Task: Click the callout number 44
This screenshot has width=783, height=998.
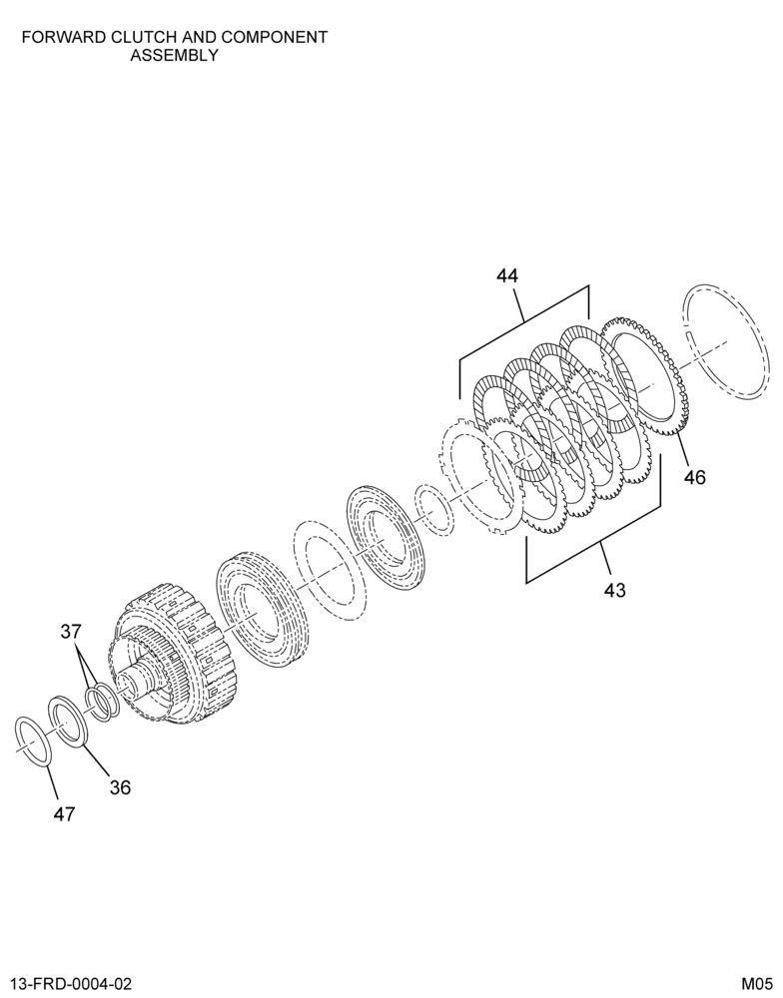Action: (507, 275)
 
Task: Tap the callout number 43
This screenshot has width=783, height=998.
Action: (615, 590)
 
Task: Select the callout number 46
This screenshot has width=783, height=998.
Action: (695, 476)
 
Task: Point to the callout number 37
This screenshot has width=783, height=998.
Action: (71, 632)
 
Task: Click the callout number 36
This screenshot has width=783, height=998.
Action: (120, 787)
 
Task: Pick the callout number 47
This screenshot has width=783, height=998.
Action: (64, 813)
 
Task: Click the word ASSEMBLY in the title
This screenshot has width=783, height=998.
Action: (174, 55)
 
